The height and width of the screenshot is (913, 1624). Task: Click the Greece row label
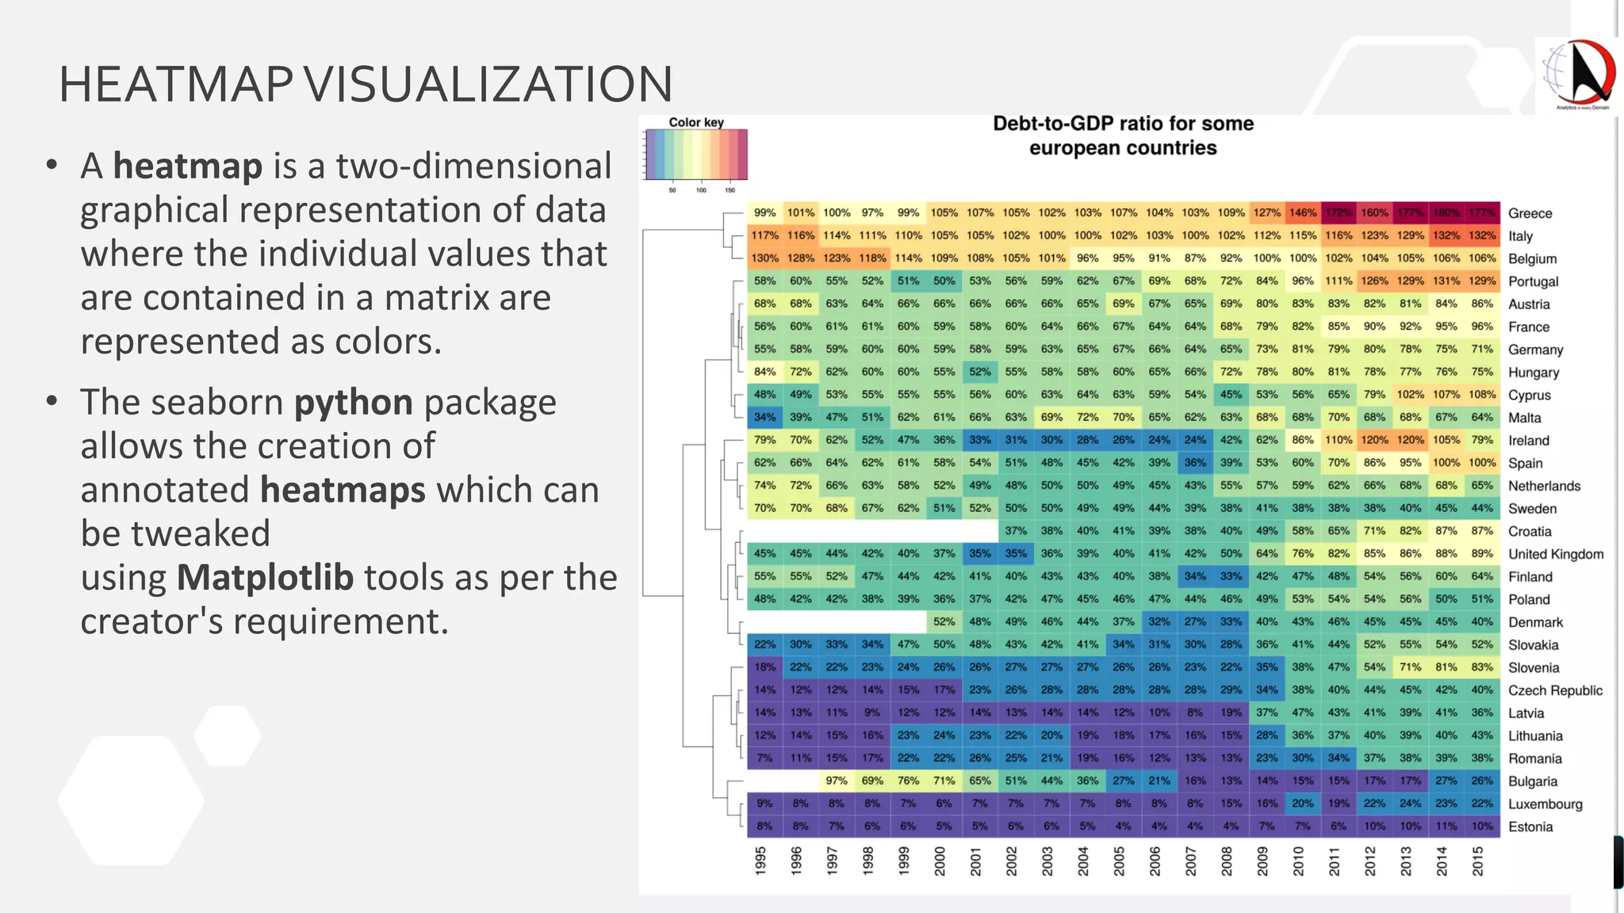pyautogui.click(x=1530, y=213)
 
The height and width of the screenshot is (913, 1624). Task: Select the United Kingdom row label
pyautogui.click(x=1555, y=554)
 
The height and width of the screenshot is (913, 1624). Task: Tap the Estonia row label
pyautogui.click(x=1530, y=827)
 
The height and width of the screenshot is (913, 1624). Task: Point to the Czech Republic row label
pyautogui.click(x=1554, y=690)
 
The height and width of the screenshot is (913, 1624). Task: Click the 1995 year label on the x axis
pyautogui.click(x=760, y=861)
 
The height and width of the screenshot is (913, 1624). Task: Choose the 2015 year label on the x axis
pyautogui.click(x=1477, y=861)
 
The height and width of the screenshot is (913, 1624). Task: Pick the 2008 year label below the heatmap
pyautogui.click(x=1227, y=861)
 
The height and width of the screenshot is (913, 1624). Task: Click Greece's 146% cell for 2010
pyautogui.click(x=1302, y=212)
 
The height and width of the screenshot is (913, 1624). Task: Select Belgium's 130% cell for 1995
pyautogui.click(x=764, y=258)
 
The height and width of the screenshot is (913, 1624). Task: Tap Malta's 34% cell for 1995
pyautogui.click(x=764, y=417)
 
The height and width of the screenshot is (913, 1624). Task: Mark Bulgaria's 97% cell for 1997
pyautogui.click(x=836, y=781)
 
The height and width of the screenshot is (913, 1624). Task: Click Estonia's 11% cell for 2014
pyautogui.click(x=1446, y=826)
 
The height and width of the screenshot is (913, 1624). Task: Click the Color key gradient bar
pyautogui.click(x=696, y=155)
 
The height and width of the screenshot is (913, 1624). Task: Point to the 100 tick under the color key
pyautogui.click(x=701, y=190)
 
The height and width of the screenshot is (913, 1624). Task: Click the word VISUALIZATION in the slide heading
pyautogui.click(x=488, y=84)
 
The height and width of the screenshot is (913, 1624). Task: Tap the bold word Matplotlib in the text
pyautogui.click(x=265, y=577)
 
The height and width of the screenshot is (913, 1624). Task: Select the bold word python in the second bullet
pyautogui.click(x=354, y=403)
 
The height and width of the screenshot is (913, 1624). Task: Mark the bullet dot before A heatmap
pyautogui.click(x=52, y=165)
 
